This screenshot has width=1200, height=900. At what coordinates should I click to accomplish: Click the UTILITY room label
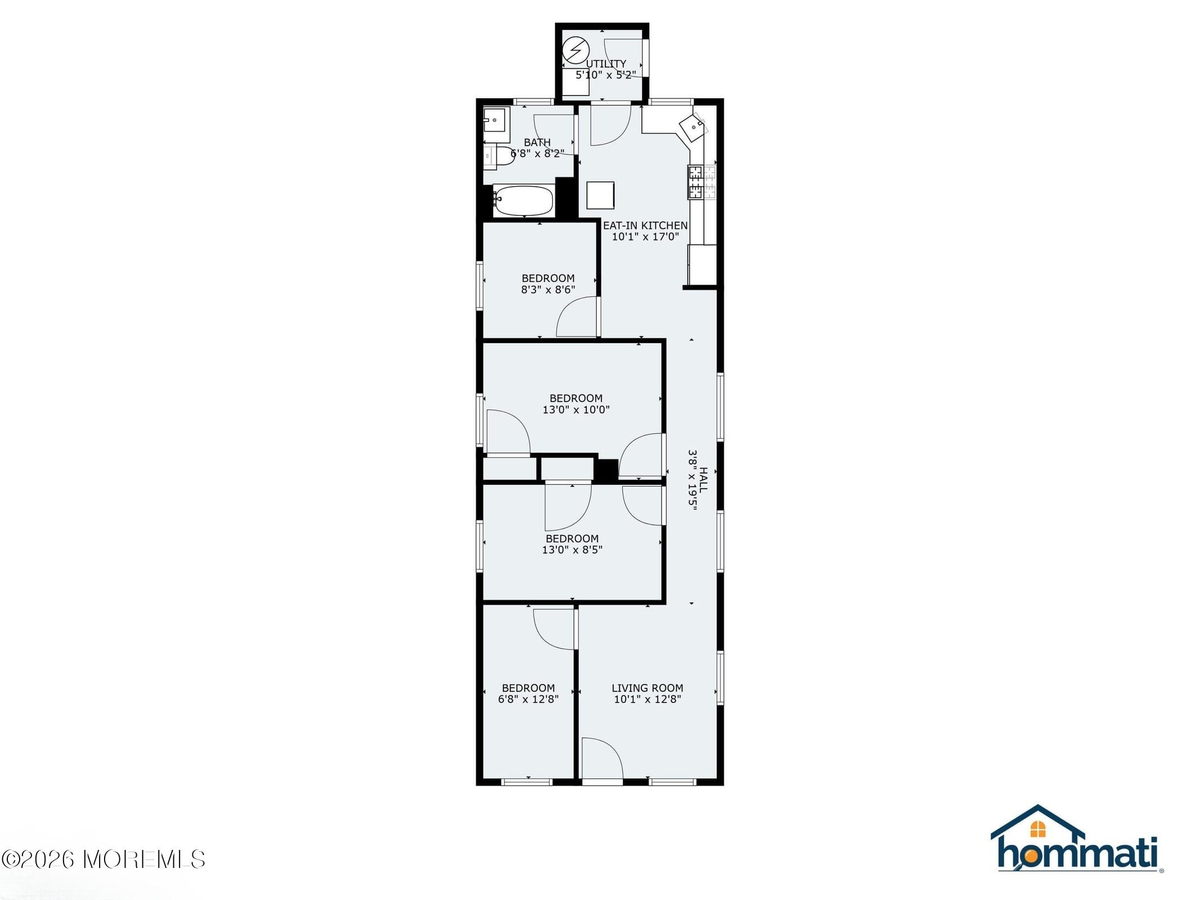pyautogui.click(x=606, y=64)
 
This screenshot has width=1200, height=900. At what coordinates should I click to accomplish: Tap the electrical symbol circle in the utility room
pyautogui.click(x=576, y=51)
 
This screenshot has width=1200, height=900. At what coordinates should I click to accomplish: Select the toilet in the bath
pyautogui.click(x=500, y=157)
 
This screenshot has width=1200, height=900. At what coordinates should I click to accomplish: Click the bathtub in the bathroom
pyautogui.click(x=523, y=201)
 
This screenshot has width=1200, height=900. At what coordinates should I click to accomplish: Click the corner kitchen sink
pyautogui.click(x=694, y=127)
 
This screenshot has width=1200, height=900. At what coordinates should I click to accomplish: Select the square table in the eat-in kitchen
pyautogui.click(x=600, y=195)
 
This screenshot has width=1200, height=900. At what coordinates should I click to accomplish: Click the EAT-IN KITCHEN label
pyautogui.click(x=645, y=226)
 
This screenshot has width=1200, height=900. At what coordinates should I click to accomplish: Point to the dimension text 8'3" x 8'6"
pyautogui.click(x=548, y=290)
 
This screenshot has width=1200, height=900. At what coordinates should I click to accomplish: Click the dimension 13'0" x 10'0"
pyautogui.click(x=576, y=410)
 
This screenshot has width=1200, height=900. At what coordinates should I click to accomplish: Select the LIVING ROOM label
pyautogui.click(x=648, y=688)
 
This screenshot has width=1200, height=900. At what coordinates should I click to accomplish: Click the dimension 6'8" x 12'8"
pyautogui.click(x=528, y=699)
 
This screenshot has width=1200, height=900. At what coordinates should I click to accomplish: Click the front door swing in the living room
pyautogui.click(x=601, y=759)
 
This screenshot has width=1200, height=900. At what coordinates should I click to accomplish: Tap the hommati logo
pyautogui.click(x=1076, y=841)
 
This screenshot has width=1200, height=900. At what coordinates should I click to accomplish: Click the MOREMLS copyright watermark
pyautogui.click(x=104, y=859)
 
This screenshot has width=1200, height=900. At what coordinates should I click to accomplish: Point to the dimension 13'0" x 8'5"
pyautogui.click(x=572, y=550)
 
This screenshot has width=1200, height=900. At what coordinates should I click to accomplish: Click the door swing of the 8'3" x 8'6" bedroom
pyautogui.click(x=577, y=318)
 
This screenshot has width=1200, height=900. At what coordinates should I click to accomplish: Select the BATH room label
pyautogui.click(x=537, y=142)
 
